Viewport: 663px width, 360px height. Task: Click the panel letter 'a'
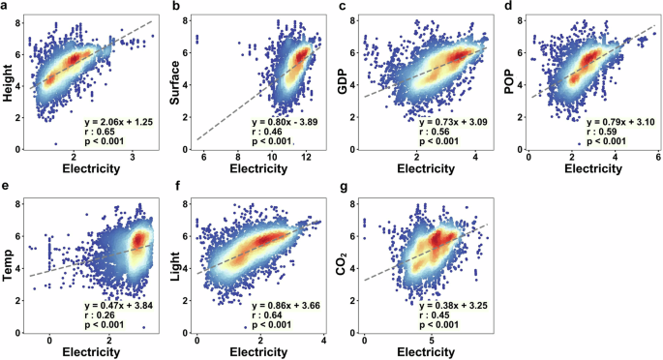pos(6,8)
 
